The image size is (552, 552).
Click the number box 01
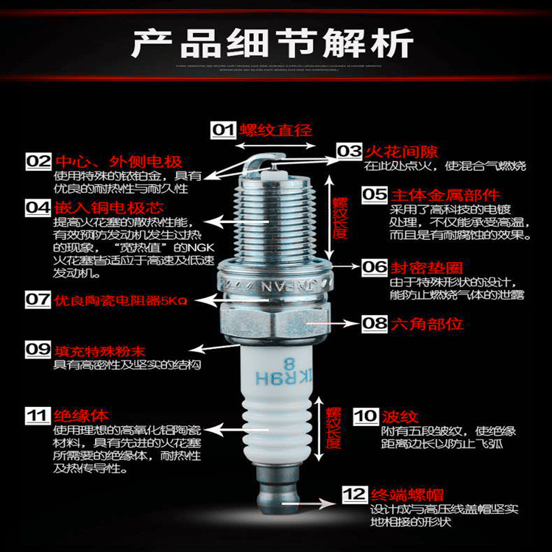coord(223,130)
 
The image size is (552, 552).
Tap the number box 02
coord(39,161)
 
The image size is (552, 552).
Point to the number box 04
coord(39,208)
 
